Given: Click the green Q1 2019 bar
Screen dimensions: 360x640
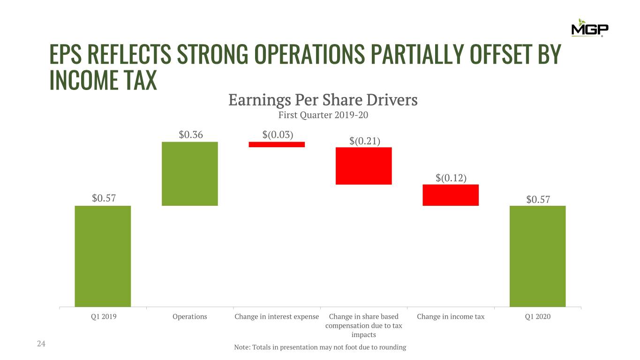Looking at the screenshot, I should pyautogui.click(x=103, y=256).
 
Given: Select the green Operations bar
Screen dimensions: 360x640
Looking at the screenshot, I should pyautogui.click(x=190, y=173).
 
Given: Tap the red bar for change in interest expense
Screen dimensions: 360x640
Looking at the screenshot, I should pyautogui.click(x=277, y=144).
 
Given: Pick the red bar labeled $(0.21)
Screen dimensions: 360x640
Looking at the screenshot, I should pyautogui.click(x=364, y=166).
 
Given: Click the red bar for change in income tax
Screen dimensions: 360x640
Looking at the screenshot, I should pyautogui.click(x=451, y=195).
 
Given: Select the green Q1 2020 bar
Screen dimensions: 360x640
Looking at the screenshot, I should pyautogui.click(x=538, y=256).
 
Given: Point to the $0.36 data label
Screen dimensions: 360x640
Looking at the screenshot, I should pyautogui.click(x=191, y=135).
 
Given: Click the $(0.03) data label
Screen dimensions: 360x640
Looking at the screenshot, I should pyautogui.click(x=278, y=135).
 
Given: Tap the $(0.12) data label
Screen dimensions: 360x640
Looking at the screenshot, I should pyautogui.click(x=451, y=178).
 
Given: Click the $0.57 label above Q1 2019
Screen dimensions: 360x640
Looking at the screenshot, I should pyautogui.click(x=104, y=199).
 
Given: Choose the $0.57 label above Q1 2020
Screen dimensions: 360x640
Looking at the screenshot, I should pyautogui.click(x=538, y=199).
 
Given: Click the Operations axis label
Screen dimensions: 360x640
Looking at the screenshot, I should pyautogui.click(x=190, y=317).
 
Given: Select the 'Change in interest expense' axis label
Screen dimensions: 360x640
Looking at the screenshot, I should pyautogui.click(x=277, y=317).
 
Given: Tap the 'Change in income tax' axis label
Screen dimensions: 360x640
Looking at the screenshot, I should pyautogui.click(x=451, y=317).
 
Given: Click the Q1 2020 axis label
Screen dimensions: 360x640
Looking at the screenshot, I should pyautogui.click(x=538, y=317).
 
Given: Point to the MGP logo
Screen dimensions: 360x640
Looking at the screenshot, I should pyautogui.click(x=589, y=28).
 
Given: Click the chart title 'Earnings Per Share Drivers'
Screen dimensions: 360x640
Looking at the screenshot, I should pyautogui.click(x=323, y=100).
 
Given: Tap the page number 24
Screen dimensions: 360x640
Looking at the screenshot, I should pyautogui.click(x=41, y=345).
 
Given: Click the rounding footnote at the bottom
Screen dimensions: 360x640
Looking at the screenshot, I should pyautogui.click(x=320, y=347).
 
